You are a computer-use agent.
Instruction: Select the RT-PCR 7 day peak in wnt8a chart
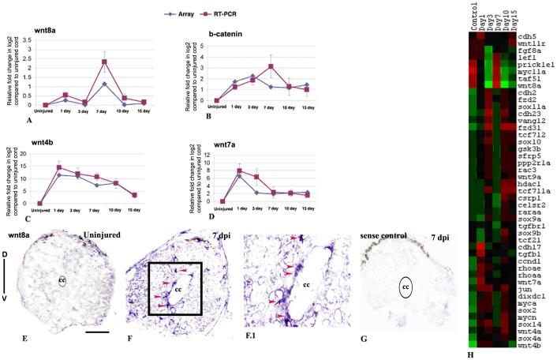pos(103,62)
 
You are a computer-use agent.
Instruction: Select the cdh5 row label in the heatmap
pos(529,36)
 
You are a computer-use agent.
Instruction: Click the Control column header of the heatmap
pos(471,17)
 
